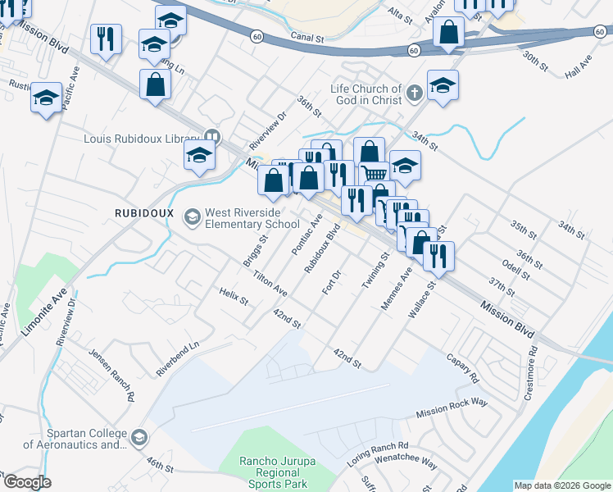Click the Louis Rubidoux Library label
[141, 138]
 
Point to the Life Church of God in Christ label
[366, 94]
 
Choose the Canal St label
[309, 38]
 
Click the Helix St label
[234, 295]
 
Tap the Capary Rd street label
[462, 367]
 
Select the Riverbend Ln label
[178, 360]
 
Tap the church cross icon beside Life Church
[414, 93]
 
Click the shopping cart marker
[374, 173]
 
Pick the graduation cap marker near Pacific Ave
[46, 99]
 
